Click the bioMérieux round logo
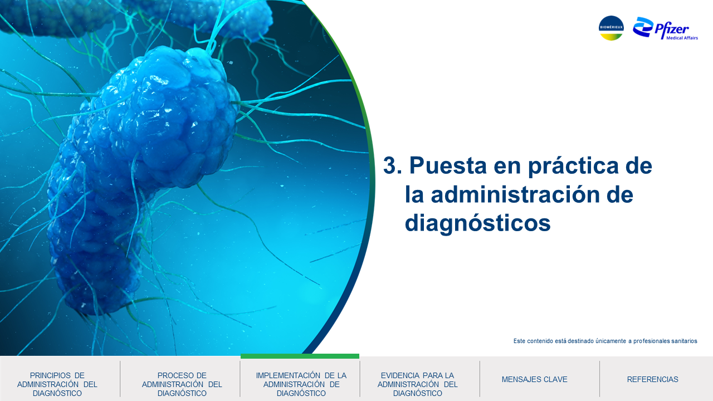coord(611,28)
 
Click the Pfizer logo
coord(665,28)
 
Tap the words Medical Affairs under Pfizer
coord(682,38)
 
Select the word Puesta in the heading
coord(448,165)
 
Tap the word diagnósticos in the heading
coord(477,223)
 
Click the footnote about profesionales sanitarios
coord(605,341)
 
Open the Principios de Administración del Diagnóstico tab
coord(57,384)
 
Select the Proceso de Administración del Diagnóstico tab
coord(182,384)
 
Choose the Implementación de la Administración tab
coord(301,384)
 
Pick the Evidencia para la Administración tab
coord(417,384)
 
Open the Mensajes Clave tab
coord(534,379)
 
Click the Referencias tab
coord(652,379)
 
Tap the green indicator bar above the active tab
coord(300,356)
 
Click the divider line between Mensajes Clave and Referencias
coord(600,379)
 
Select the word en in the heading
coord(507,168)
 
